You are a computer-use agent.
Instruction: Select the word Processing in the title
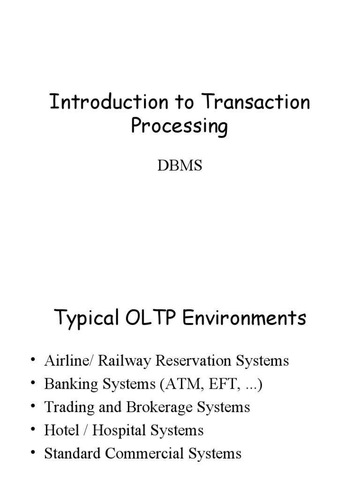click(x=180, y=127)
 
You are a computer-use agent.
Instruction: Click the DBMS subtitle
click(x=180, y=165)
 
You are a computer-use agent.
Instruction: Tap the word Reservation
click(x=189, y=361)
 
